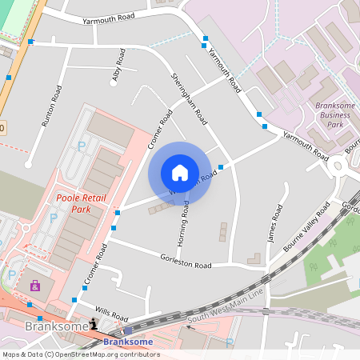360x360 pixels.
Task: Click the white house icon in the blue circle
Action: [180, 173]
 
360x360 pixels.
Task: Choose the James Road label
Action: [276, 224]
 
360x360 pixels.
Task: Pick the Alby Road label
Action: [119, 66]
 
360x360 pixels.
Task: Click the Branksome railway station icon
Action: [128, 331]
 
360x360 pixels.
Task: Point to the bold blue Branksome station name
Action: [128, 342]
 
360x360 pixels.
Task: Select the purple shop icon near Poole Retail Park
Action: [34, 286]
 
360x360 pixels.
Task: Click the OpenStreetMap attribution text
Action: [80, 354]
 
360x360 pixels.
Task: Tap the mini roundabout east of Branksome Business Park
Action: [337, 166]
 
